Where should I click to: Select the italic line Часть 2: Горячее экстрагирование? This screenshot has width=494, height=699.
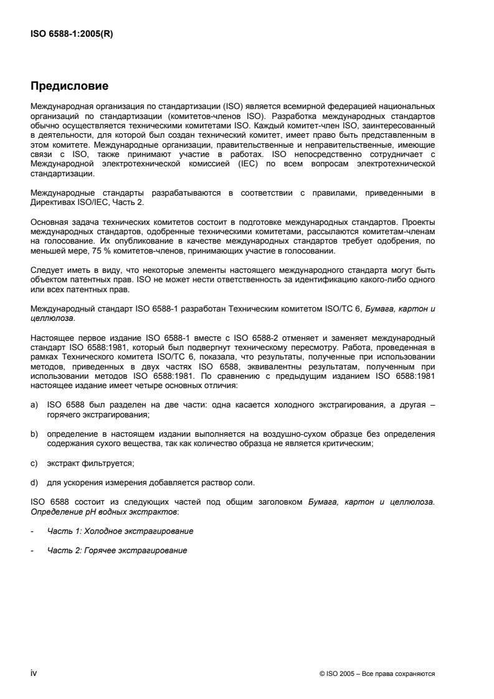(117, 551)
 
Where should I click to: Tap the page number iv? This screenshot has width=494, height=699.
(34, 673)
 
